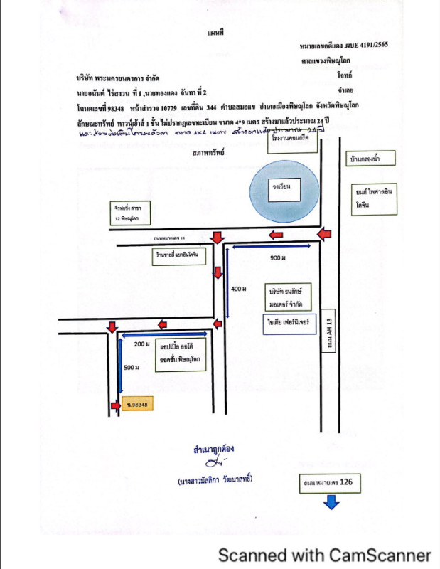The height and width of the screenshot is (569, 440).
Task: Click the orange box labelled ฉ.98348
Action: pyautogui.click(x=138, y=405)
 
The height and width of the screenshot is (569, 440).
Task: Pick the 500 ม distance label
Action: pyautogui.click(x=130, y=367)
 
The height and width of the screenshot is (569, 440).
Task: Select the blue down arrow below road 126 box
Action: pyautogui.click(x=331, y=502)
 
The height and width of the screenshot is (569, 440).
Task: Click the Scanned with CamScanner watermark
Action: pyautogui.click(x=324, y=555)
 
